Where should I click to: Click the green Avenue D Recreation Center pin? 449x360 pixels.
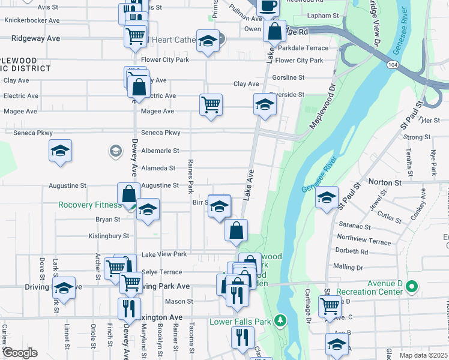[x=411, y=287]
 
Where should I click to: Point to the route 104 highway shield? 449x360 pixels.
[x=393, y=64]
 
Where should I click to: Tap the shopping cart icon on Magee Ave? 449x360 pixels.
[x=211, y=105]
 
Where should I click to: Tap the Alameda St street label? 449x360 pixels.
[x=158, y=169]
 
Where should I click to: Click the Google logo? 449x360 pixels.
[x=20, y=353]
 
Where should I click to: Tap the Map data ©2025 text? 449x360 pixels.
[x=423, y=355]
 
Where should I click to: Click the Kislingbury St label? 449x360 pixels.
[x=109, y=236]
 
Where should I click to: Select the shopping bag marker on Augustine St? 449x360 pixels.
[x=129, y=194]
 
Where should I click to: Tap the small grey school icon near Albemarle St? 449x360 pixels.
[x=114, y=151]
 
